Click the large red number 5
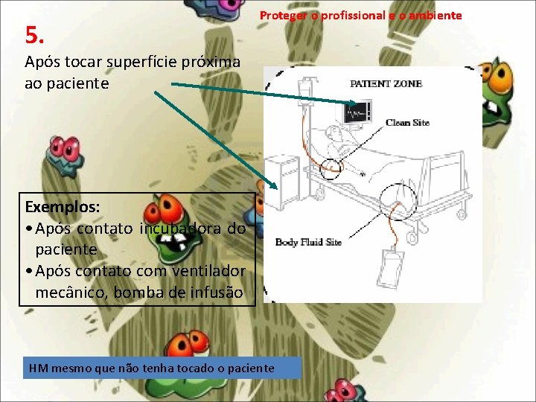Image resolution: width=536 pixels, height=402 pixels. click(34, 34)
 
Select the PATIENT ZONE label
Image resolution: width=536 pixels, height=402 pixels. click(386, 84)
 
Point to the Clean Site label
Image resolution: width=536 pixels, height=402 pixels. click(407, 123)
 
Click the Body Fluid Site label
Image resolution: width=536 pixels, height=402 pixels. click(308, 243)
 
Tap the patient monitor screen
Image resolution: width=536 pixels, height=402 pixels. click(358, 112)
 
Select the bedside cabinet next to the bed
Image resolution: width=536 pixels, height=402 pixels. click(284, 174)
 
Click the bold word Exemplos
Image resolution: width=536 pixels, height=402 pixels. click(63, 205)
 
